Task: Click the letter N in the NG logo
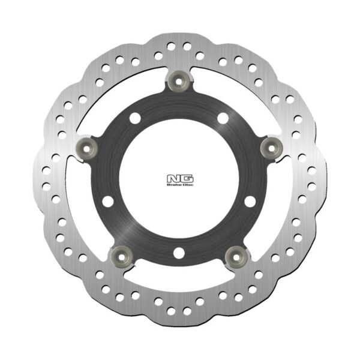click(x=173, y=179)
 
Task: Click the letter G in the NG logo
click(x=187, y=179)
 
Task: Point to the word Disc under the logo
click(x=187, y=185)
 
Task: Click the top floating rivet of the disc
click(x=179, y=81)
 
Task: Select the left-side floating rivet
click(x=86, y=149)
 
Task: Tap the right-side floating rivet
click(x=271, y=148)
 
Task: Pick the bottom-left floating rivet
click(x=122, y=257)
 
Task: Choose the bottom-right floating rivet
click(x=236, y=257)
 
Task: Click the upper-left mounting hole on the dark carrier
click(x=135, y=118)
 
